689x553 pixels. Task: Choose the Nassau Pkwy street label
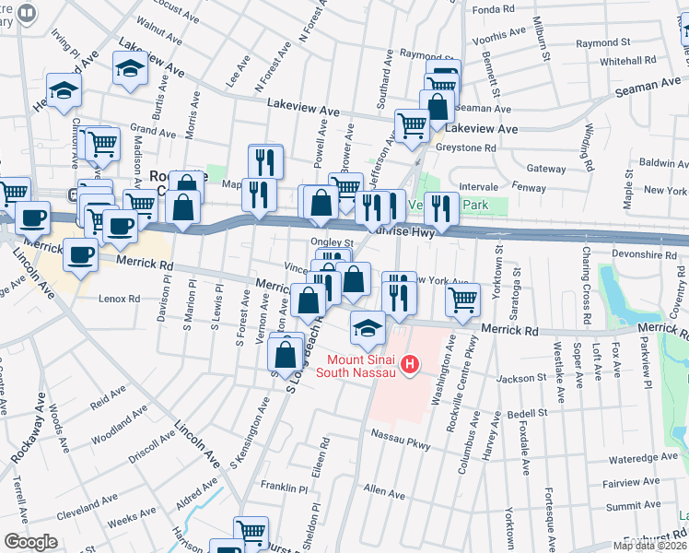[401, 432]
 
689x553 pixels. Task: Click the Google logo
[30, 542]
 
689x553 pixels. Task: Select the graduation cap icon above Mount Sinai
[368, 326]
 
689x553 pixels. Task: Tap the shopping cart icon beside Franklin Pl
[250, 531]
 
